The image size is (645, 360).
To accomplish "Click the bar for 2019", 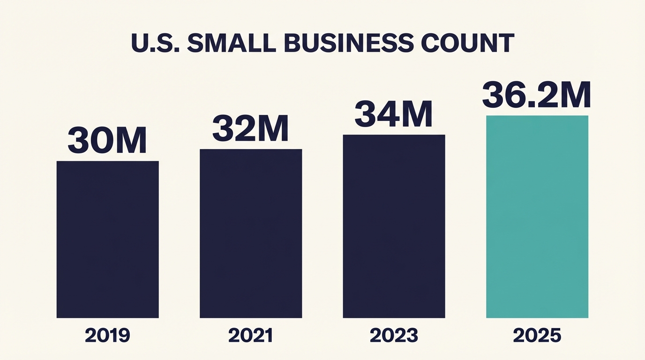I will click(107, 239).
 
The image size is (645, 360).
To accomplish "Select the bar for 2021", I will click(251, 233).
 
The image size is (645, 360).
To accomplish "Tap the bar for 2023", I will click(394, 226).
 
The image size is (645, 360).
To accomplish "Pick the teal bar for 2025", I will click(537, 217).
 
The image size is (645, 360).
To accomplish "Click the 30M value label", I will click(107, 140).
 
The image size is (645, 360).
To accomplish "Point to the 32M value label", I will click(250, 128).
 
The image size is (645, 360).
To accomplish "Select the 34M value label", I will click(393, 114).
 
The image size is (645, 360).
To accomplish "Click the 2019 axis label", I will click(107, 336).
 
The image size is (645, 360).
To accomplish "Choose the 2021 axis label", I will click(251, 336).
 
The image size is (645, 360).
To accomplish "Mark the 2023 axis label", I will click(394, 336).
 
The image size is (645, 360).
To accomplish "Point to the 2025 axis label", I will click(537, 336).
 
